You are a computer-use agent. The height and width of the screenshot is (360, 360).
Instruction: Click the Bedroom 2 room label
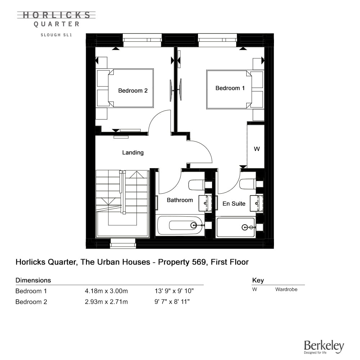pyautogui.click(x=133, y=91)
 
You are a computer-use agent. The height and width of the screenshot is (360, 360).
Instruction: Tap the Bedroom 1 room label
pyautogui.click(x=230, y=88)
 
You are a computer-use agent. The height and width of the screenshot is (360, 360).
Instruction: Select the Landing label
pyautogui.click(x=133, y=153)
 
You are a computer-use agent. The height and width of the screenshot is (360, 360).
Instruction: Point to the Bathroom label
pyautogui.click(x=180, y=200)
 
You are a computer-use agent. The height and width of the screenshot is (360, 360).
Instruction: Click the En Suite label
pyautogui.click(x=234, y=204)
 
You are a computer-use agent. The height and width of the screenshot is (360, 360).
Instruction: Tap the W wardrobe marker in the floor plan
pyautogui.click(x=257, y=149)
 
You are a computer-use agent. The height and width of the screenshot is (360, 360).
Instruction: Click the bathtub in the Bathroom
pyautogui.click(x=180, y=225)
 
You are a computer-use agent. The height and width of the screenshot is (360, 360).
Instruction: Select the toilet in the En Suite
pyautogui.click(x=248, y=184)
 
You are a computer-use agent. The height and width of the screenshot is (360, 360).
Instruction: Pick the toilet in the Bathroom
pyautogui.click(x=197, y=185)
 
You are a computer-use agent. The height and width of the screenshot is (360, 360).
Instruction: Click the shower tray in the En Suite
pyautogui.click(x=235, y=228)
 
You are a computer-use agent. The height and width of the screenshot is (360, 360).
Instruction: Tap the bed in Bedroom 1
pyautogui.click(x=235, y=90)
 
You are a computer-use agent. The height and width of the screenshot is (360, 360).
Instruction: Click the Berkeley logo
pyautogui.click(x=324, y=347)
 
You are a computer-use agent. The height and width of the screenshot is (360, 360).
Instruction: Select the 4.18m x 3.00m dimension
pyautogui.click(x=106, y=291)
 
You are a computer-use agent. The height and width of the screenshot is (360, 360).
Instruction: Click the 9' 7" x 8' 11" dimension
pyautogui.click(x=172, y=302)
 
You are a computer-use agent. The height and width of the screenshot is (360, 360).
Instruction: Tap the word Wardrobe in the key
pyautogui.click(x=286, y=289)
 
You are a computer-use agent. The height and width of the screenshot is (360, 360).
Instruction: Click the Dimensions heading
pyautogui.click(x=33, y=280)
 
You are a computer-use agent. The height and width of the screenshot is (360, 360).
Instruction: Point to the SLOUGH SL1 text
pyautogui.click(x=57, y=35)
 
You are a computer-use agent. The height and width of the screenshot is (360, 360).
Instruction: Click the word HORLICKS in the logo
pyautogui.click(x=57, y=15)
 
